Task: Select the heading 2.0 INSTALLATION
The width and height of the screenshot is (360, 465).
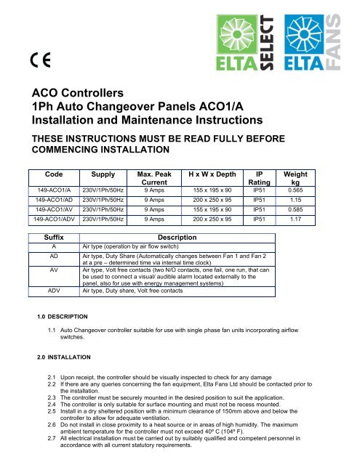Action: (x=63, y=357)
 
